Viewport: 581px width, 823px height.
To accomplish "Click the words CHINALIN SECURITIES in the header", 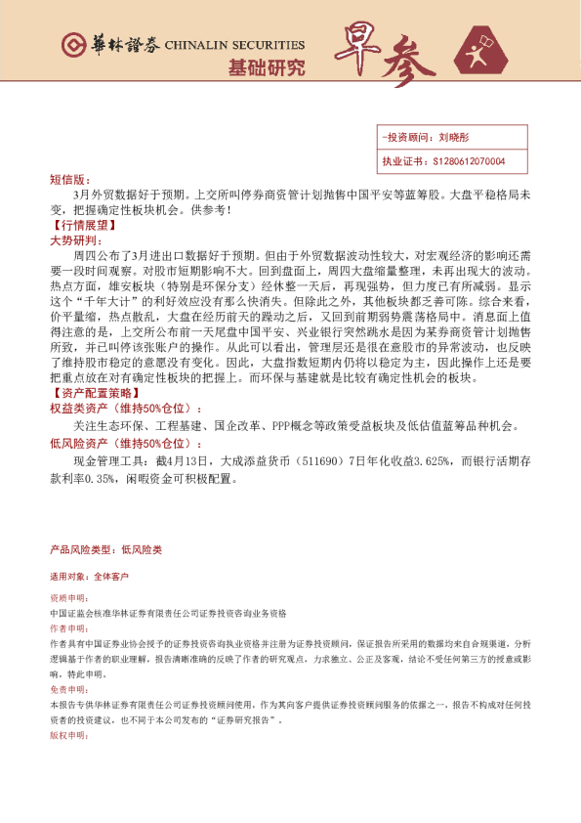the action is (235, 45).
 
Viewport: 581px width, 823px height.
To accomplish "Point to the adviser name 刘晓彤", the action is (455, 138).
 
